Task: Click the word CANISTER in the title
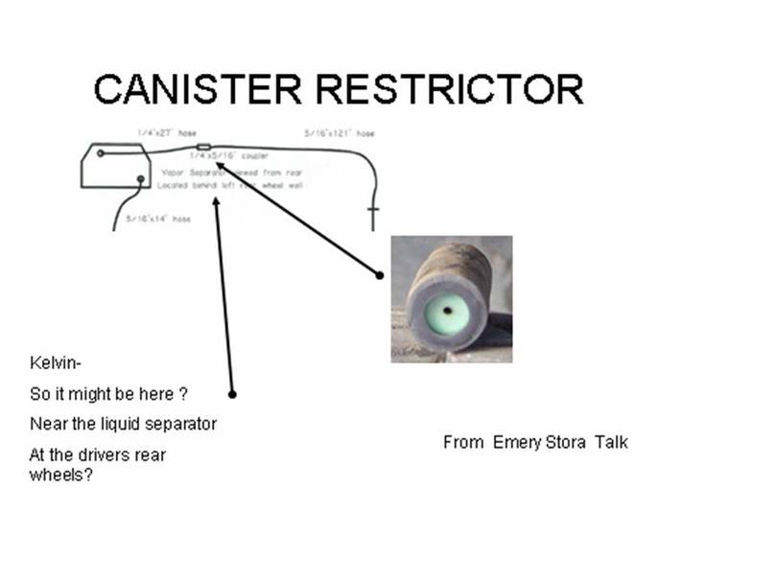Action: (196, 89)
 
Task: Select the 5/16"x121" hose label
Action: (333, 132)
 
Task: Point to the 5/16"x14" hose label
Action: (158, 220)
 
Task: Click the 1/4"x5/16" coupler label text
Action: (228, 155)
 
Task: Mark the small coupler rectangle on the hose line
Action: (203, 148)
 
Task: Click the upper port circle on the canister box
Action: (100, 152)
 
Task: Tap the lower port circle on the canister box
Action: (140, 178)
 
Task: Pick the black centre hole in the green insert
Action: (446, 309)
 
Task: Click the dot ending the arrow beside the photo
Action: (380, 275)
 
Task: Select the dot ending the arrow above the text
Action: (232, 393)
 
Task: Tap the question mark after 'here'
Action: (182, 395)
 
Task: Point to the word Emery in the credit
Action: (515, 442)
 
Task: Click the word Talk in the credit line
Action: (611, 442)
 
